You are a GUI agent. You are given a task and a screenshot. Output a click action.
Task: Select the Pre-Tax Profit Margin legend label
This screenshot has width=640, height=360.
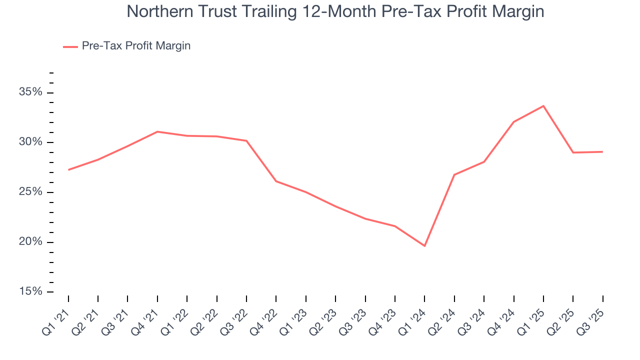point(136,46)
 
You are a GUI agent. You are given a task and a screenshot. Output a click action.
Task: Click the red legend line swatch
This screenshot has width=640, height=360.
point(70,46)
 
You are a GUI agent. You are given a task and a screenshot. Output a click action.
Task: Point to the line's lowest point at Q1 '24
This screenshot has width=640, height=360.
point(424,246)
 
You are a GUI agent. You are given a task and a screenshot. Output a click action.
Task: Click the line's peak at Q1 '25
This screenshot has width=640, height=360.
point(543,106)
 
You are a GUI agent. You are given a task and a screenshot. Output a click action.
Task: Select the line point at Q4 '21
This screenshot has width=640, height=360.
point(157,131)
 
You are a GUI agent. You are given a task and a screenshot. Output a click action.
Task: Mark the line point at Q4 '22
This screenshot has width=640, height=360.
point(276,181)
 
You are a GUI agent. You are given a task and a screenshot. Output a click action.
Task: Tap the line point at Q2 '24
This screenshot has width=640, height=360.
point(454,174)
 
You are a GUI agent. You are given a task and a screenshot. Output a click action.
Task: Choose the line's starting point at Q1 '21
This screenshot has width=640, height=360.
point(68,170)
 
